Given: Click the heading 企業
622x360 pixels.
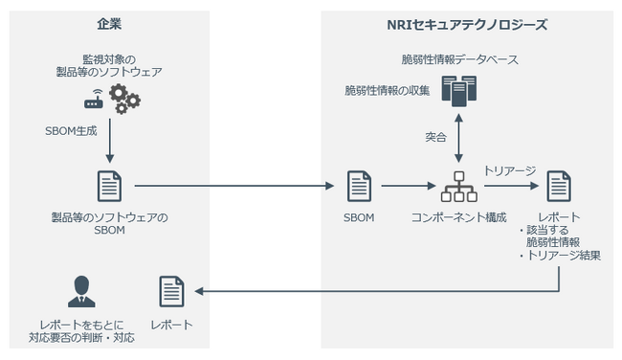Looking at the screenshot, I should pos(109,25).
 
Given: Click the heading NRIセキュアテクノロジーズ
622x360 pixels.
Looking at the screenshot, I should pos(466,25).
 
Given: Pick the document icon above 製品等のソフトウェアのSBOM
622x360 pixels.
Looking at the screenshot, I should pos(110,186).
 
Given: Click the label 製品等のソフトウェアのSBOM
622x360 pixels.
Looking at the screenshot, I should pos(110,224).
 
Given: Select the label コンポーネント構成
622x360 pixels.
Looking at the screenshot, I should pos(457,217).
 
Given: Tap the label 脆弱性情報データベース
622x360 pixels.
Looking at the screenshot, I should pos(459,60).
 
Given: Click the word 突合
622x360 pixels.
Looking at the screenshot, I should pos(435,137).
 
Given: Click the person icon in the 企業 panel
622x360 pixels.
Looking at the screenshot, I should pos(81,290).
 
